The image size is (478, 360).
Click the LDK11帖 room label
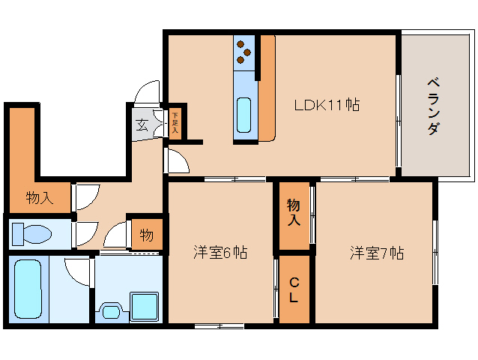point(326,106)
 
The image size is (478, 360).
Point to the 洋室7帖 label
point(376,253)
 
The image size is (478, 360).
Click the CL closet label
point(294,289)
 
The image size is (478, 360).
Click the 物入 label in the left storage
point(39,199)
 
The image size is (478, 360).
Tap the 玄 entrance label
point(141,124)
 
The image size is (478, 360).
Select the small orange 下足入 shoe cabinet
point(174,121)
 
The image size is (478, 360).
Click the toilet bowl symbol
point(32,234)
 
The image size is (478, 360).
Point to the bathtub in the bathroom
point(28,289)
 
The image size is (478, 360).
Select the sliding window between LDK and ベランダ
point(398,123)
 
